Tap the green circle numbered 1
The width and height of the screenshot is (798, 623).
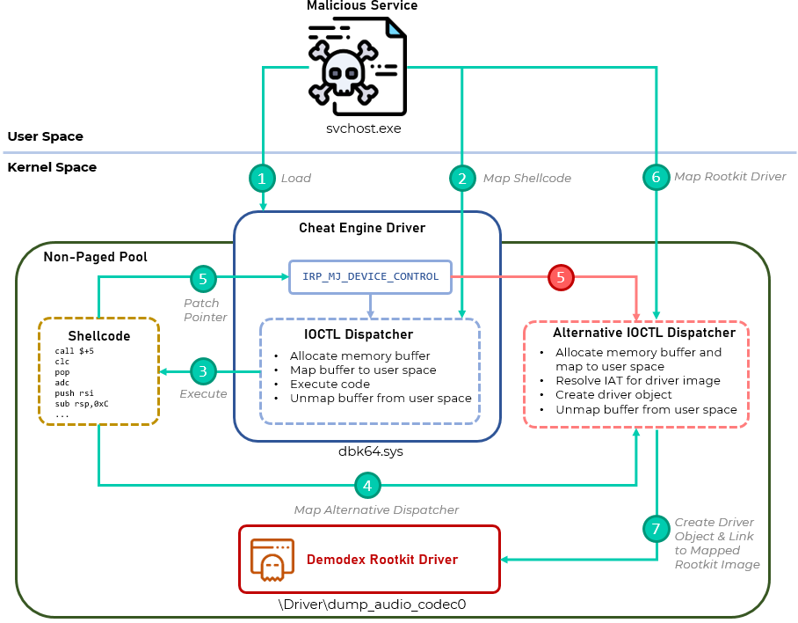click(262, 179)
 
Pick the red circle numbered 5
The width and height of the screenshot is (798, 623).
click(562, 278)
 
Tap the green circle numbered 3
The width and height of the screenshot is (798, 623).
click(203, 371)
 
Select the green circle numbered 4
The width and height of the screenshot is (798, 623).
click(367, 485)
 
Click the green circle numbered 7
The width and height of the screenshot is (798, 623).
click(655, 529)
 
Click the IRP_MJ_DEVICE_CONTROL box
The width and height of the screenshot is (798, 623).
click(370, 276)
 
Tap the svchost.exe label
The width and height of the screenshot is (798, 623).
click(358, 128)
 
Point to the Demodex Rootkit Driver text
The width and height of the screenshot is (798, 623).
click(381, 560)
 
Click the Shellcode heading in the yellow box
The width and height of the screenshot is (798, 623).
click(98, 336)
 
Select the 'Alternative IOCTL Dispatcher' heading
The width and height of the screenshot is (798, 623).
click(643, 333)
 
